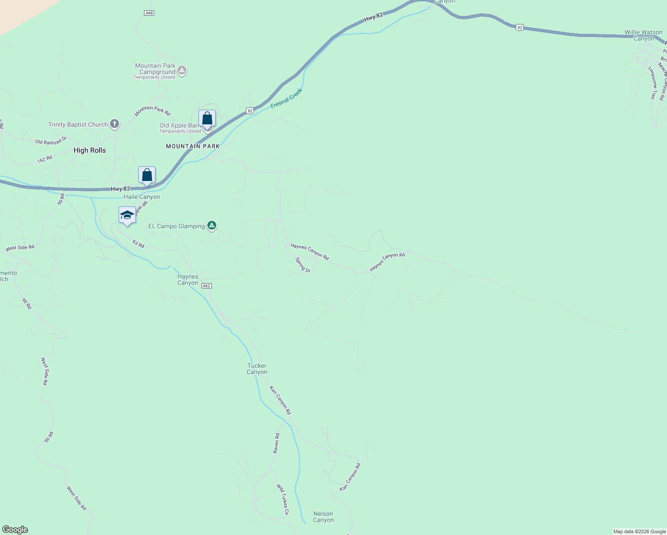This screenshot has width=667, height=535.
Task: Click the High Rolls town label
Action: [x=90, y=151]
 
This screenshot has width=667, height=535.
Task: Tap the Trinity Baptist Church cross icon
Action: [x=115, y=124]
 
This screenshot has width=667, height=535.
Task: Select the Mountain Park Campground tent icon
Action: [x=182, y=70]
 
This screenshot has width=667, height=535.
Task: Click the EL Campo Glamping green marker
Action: [x=212, y=226]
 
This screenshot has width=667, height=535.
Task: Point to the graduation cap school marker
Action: [x=128, y=215]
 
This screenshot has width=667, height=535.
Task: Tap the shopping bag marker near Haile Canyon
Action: [x=147, y=175]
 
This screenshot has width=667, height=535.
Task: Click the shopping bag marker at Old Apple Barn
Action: [x=207, y=119]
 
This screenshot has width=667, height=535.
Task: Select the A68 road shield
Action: [x=149, y=13]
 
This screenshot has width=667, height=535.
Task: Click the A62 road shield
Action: [x=206, y=286]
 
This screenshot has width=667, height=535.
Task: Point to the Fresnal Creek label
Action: [x=287, y=98]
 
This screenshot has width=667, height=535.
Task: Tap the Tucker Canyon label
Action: [x=257, y=369]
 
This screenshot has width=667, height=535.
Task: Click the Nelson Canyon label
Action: [x=323, y=517]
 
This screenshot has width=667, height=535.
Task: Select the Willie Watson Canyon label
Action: [x=643, y=35]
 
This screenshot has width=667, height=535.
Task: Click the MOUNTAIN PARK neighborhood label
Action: [x=193, y=146]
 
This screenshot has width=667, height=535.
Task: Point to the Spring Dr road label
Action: [x=303, y=264]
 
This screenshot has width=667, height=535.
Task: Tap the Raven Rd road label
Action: [x=276, y=443]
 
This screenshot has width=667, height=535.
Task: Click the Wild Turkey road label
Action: [x=283, y=499]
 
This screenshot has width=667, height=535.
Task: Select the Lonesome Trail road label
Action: [x=652, y=83]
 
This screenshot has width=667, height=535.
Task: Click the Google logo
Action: [x=15, y=530]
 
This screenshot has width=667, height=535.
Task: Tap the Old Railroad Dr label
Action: [x=51, y=141]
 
